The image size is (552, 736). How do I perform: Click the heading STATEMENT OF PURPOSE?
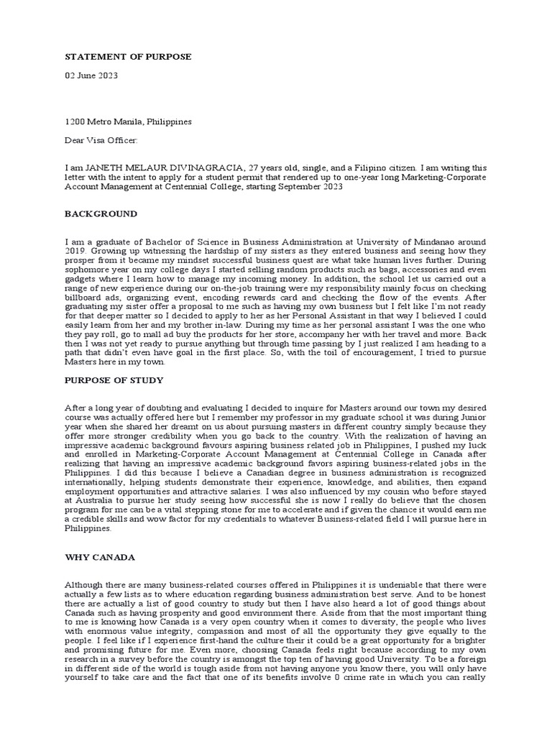pyautogui.click(x=128, y=57)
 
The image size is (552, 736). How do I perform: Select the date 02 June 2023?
pyautogui.click(x=93, y=75)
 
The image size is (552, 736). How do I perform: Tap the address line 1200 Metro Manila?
pyautogui.click(x=128, y=122)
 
